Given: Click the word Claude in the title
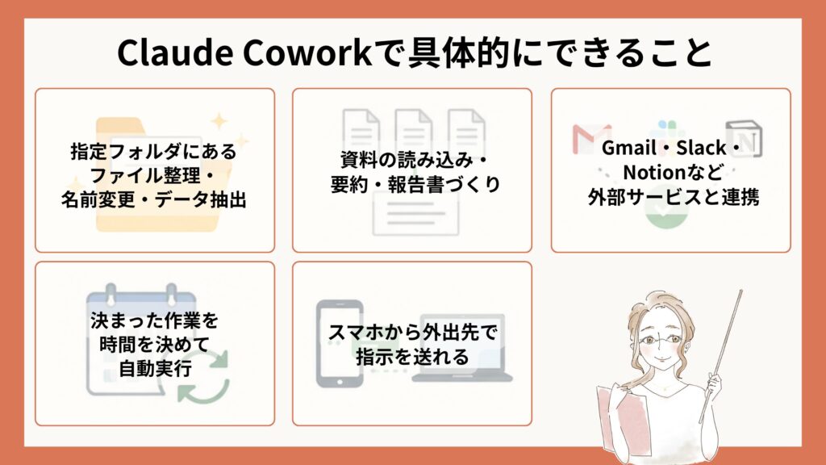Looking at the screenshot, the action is (174, 52).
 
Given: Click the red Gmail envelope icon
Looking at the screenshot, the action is (592, 139).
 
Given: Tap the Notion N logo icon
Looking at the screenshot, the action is (744, 139).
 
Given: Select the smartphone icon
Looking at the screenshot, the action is (340, 343).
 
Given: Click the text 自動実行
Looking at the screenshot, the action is (155, 368).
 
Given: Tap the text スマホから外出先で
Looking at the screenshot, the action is (412, 332).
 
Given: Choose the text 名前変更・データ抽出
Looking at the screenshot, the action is (154, 200).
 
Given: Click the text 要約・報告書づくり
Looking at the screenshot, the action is (415, 184).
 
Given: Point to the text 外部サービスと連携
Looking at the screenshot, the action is (674, 197).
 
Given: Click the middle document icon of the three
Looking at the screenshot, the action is (414, 132).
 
